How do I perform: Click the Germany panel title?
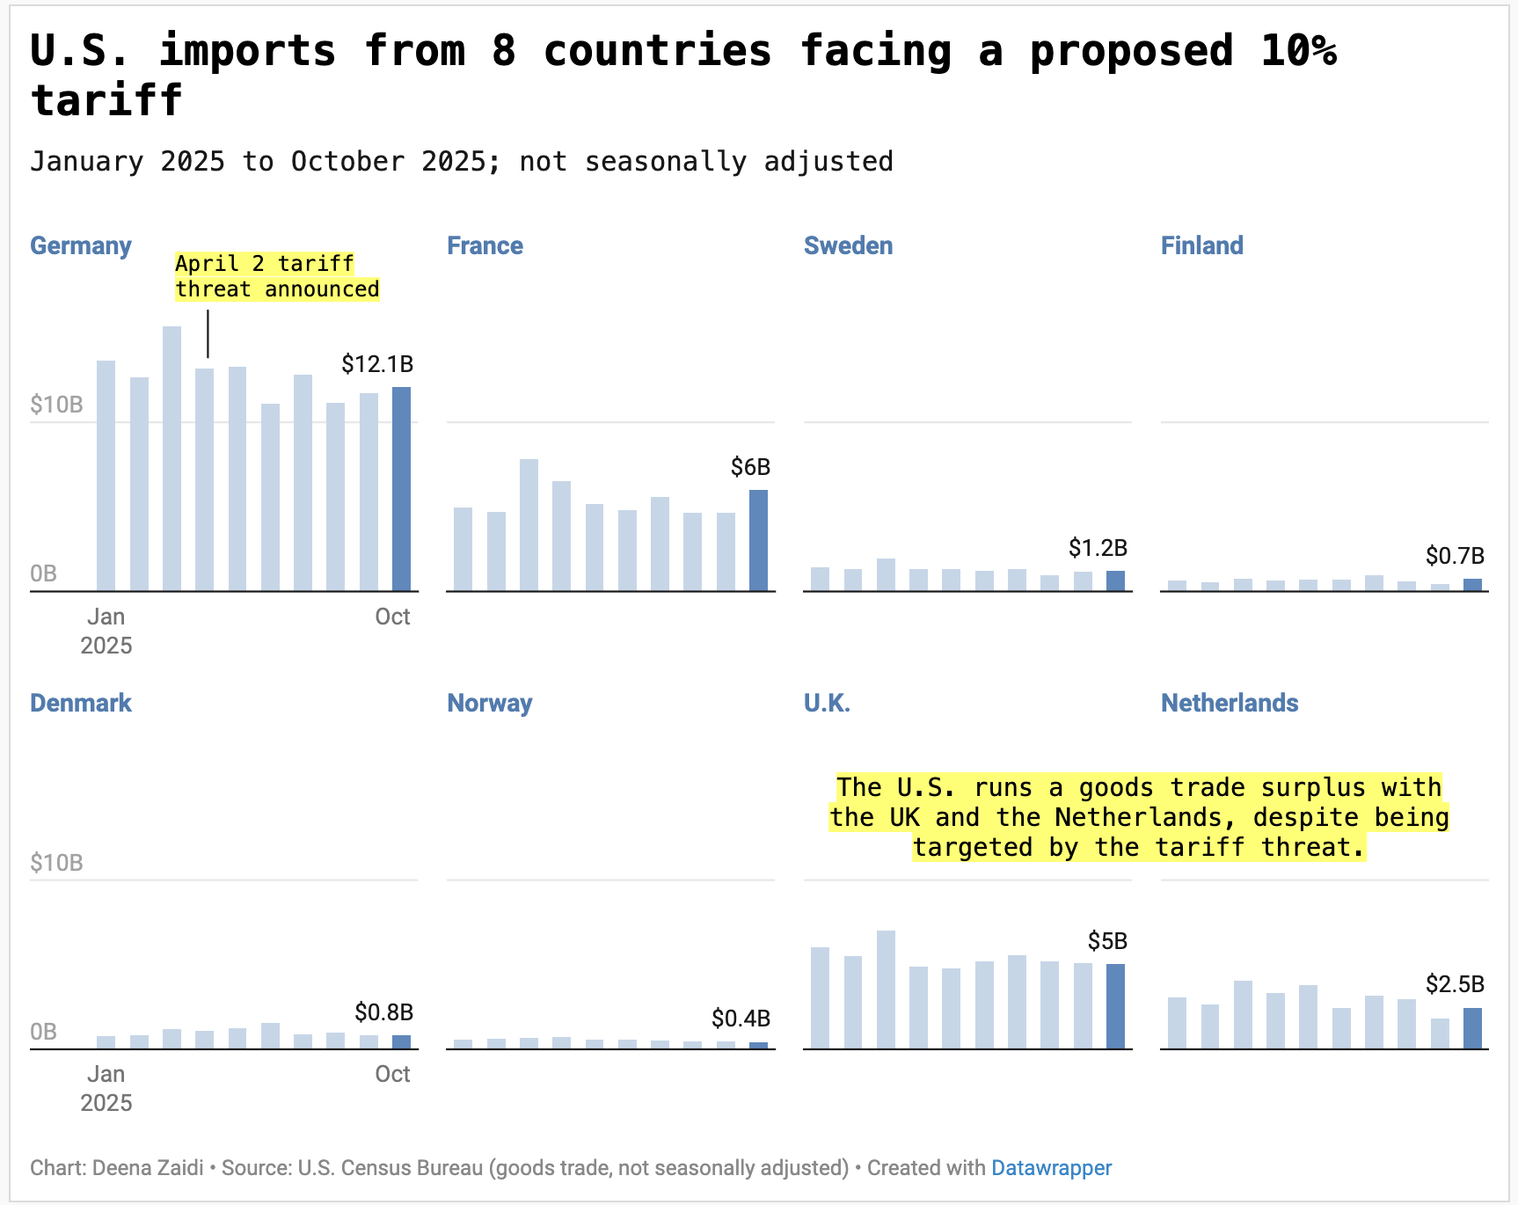click(x=81, y=245)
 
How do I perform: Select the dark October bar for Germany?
click(x=401, y=488)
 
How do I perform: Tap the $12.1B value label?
click(x=377, y=364)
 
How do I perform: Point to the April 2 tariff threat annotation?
click(x=277, y=276)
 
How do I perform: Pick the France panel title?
click(x=485, y=245)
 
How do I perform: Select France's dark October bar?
click(x=758, y=540)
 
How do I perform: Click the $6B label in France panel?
click(x=750, y=467)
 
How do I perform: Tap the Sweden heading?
click(x=848, y=245)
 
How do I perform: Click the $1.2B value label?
click(x=1098, y=548)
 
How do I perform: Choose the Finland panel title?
click(x=1201, y=245)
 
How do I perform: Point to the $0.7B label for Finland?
click(x=1455, y=556)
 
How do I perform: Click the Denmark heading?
click(x=81, y=703)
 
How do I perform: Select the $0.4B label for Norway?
click(x=741, y=1019)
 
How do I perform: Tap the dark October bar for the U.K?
click(x=1115, y=1006)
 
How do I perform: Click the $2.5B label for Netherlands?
click(x=1455, y=984)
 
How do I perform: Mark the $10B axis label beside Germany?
click(x=56, y=405)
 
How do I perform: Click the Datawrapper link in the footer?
click(x=1051, y=1168)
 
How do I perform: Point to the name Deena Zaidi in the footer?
click(x=148, y=1168)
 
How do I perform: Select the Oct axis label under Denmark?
click(x=392, y=1074)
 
